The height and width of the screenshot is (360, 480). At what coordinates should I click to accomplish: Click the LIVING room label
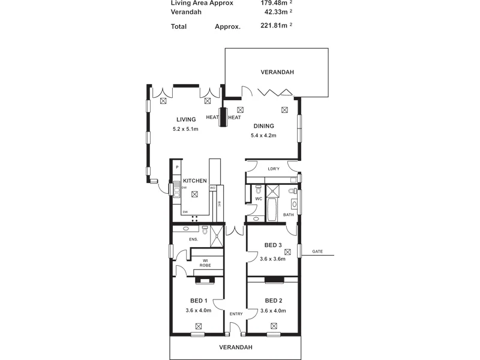[186, 119]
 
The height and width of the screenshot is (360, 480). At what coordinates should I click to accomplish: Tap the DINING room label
[263, 126]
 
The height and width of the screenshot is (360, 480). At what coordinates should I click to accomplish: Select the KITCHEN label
[195, 181]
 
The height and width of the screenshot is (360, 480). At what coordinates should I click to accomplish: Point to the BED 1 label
[199, 301]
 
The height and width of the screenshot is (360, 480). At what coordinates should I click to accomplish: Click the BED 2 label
[273, 301]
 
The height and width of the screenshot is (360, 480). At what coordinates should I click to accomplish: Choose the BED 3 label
[273, 245]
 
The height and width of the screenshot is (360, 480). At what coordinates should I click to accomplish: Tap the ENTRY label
[235, 314]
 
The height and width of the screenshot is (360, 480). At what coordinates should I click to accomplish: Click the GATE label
[317, 251]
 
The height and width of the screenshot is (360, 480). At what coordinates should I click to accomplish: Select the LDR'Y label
[274, 169]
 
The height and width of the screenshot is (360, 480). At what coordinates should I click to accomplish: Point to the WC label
[259, 199]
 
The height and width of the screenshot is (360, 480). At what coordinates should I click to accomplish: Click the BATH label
[289, 214]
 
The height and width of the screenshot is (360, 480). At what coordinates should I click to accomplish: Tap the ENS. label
[194, 240]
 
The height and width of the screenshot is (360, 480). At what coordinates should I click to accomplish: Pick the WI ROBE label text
[205, 263]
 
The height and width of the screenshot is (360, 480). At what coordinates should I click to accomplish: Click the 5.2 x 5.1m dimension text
[186, 129]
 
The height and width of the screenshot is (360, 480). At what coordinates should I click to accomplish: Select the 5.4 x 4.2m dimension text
[263, 136]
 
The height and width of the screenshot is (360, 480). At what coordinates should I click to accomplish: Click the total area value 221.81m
[271, 26]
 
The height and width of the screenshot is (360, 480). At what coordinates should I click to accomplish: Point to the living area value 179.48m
[271, 2]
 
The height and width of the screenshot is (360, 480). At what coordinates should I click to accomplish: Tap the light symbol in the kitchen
[194, 193]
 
